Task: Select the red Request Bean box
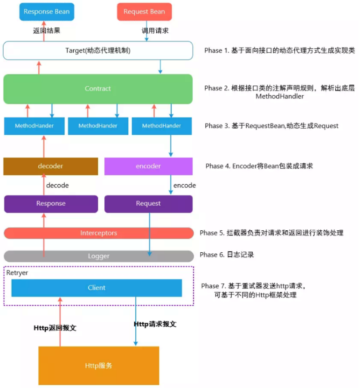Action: [144, 12]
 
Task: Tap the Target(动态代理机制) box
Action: [98, 50]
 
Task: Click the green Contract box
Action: [98, 89]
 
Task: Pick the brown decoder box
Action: [50, 166]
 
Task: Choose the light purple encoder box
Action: [148, 166]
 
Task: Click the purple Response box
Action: [51, 204]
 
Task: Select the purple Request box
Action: [148, 204]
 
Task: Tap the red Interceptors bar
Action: [98, 233]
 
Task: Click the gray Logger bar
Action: [98, 256]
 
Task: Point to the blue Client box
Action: [97, 288]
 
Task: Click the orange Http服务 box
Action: [98, 366]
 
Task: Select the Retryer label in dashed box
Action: [17, 272]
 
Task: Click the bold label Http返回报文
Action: [55, 328]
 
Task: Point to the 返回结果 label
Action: [47, 31]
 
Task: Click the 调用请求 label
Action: [155, 31]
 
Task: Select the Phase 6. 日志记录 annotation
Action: [227, 255]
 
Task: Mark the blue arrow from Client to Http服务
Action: [136, 322]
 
